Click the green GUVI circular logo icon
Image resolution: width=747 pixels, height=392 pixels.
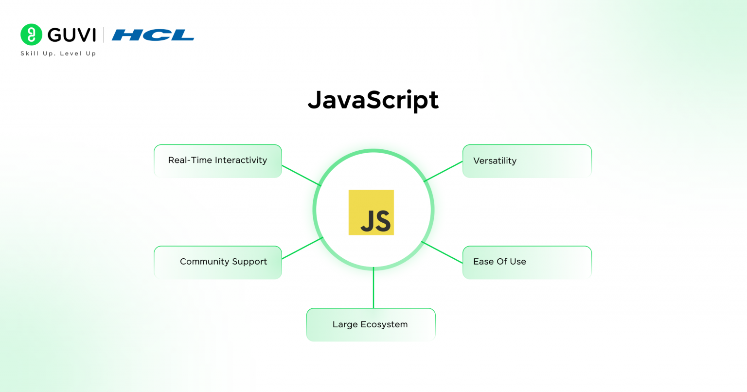coord(31,35)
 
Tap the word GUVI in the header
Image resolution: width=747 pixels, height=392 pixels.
coord(71,35)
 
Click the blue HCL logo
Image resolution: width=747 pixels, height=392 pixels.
coord(153,35)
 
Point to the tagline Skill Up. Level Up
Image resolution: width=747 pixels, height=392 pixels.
coord(58,53)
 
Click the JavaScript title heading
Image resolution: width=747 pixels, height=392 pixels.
coord(373,100)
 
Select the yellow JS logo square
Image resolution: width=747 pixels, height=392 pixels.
coord(371,213)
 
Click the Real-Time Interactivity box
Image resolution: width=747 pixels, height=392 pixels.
coord(218,161)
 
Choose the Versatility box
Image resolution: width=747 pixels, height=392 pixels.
coord(527,161)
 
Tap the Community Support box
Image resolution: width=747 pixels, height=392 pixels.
coord(218,263)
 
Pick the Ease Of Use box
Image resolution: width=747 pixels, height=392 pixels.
coord(527,263)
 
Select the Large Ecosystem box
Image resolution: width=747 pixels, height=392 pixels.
coord(371,324)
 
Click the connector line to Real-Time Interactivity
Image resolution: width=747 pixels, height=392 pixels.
coord(302,175)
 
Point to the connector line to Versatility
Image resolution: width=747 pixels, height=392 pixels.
coord(443,172)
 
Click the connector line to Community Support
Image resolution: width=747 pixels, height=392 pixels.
coord(302,248)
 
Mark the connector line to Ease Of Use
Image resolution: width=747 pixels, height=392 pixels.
coord(442,252)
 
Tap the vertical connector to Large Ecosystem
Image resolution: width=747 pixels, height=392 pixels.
coord(373,287)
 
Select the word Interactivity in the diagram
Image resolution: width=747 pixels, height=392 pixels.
coord(241,160)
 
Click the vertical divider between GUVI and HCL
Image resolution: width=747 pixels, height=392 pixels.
coord(104,35)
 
